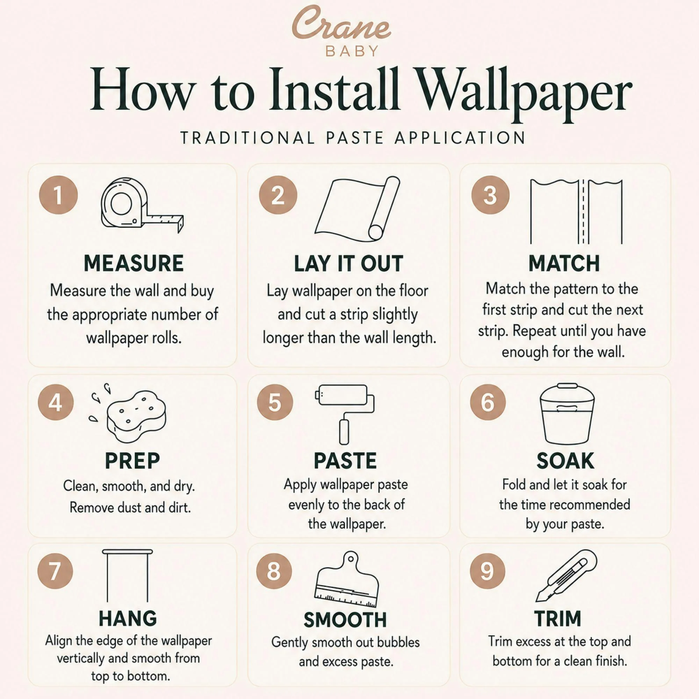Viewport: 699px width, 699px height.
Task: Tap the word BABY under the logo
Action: point(352,51)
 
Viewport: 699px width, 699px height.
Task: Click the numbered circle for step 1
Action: point(58,195)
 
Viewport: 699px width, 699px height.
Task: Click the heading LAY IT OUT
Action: point(348,264)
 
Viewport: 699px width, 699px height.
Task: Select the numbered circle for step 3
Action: point(490,195)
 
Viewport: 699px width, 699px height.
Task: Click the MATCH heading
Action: point(564,264)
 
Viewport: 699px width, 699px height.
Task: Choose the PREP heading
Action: point(132,461)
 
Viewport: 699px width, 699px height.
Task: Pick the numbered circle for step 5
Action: point(275,402)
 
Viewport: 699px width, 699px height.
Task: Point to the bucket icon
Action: point(567,413)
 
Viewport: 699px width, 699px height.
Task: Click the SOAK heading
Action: point(565,461)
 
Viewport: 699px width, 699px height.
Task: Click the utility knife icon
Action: point(566,576)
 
